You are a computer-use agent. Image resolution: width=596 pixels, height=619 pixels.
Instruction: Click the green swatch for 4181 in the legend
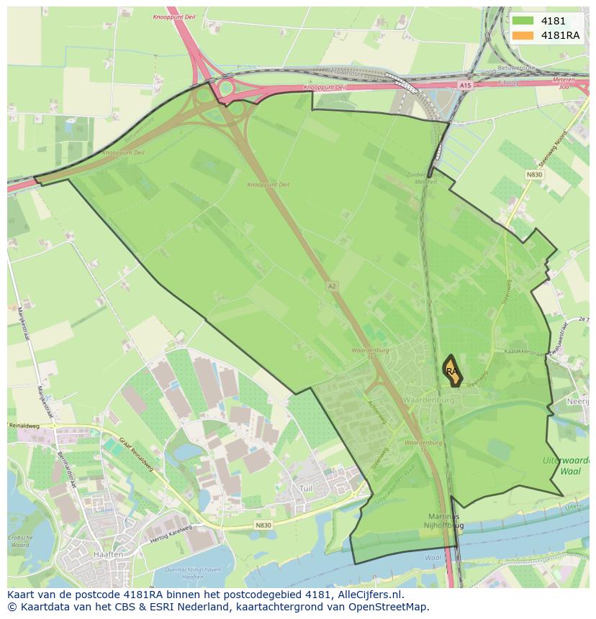[x=522, y=21]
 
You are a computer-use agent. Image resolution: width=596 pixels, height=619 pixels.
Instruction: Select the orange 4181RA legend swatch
[x=522, y=35]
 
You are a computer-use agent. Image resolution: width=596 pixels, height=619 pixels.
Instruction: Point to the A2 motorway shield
[x=332, y=285]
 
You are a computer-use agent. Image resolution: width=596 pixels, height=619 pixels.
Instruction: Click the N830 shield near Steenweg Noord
[x=534, y=175]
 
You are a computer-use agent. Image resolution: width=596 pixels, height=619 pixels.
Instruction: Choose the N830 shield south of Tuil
[x=263, y=526]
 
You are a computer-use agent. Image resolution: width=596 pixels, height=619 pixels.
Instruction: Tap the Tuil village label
[x=307, y=488]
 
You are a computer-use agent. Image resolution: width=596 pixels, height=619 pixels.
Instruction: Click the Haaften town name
[x=107, y=555]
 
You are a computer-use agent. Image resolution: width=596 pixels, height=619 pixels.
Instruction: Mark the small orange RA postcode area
[x=452, y=372]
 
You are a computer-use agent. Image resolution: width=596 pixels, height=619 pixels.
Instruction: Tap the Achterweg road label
[x=381, y=415]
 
